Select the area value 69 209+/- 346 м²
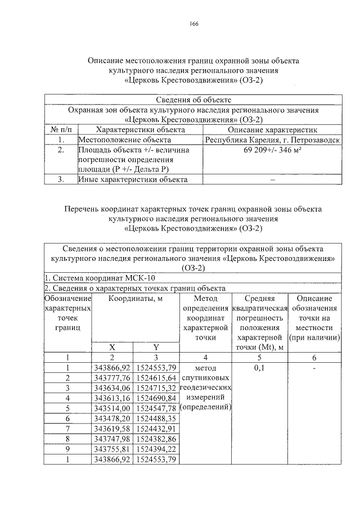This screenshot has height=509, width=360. click(x=271, y=150)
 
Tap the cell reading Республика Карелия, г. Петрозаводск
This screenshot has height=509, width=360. click(x=271, y=139)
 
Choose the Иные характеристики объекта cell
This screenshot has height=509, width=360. click(x=132, y=179)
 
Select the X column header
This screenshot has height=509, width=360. click(x=112, y=347)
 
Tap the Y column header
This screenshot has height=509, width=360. click(x=156, y=347)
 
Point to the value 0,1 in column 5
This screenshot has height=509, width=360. click(x=259, y=368)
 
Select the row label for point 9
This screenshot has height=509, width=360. click(x=67, y=449)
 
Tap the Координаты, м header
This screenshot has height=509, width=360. click(x=135, y=299)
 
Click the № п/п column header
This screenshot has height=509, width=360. click(x=60, y=129)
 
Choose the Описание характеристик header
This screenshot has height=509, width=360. click(x=271, y=129)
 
